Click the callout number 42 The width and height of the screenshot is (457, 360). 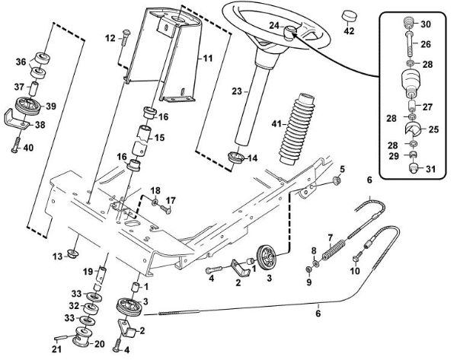(349, 31)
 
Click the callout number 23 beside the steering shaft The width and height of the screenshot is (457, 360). (236, 91)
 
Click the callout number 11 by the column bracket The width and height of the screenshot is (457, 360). (207, 58)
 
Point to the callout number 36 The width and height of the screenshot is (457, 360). (21, 62)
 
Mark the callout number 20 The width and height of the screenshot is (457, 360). (98, 343)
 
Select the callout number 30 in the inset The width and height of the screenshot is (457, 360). (426, 24)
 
